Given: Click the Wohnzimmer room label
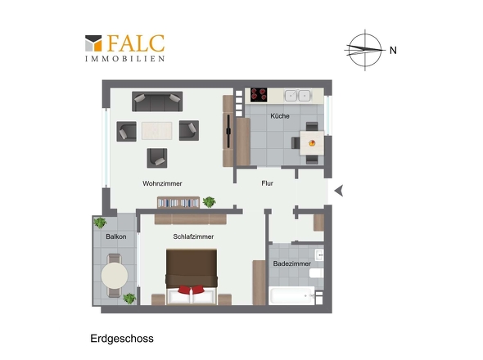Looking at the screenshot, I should (161, 183).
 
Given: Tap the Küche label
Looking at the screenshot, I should (280, 116).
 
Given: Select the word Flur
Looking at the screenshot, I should (267, 183).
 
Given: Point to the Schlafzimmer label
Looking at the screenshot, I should (193, 236).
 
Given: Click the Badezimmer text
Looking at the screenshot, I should (292, 263).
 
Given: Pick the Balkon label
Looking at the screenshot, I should (115, 236).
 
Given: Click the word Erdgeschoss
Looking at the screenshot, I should (122, 337).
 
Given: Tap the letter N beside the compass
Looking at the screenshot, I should (393, 50).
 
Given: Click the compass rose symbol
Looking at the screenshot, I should (363, 49).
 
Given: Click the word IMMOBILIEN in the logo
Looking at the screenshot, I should (125, 59).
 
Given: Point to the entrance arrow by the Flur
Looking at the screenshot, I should (339, 191).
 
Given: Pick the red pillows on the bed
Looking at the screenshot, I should (192, 289).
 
